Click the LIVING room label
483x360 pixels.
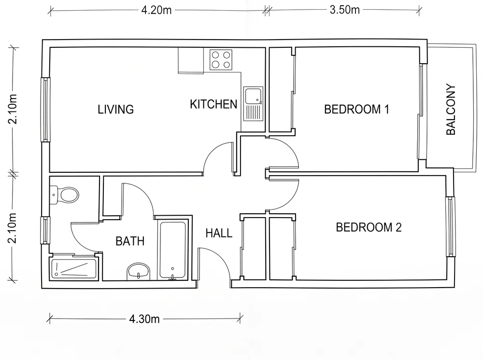coord(116,110)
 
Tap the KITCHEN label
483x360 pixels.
coord(213,104)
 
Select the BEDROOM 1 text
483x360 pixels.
coord(356,109)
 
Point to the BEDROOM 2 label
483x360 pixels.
coord(369,227)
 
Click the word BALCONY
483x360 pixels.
coord(451,109)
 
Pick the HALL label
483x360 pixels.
coord(219,233)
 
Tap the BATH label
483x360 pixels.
coord(130,241)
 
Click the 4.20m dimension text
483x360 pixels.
coord(156,10)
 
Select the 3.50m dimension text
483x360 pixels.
coord(345,10)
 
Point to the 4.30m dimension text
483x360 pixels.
coord(144,319)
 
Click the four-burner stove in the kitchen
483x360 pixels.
coord(221,60)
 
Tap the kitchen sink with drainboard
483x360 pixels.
coord(254,104)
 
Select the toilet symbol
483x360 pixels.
coord(64,195)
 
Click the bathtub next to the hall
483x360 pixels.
coord(173,250)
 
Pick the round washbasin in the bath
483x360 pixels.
coord(138,271)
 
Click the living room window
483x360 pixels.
coord(45,109)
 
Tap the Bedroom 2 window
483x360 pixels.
coord(450,227)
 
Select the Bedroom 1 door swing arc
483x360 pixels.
coord(292,148)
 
